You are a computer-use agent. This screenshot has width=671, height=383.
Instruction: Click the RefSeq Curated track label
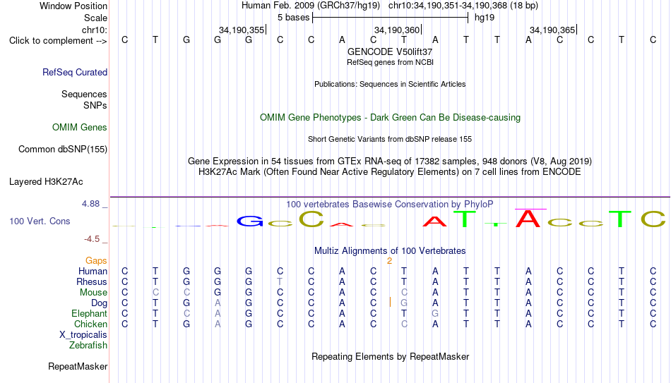pyautogui.click(x=75, y=72)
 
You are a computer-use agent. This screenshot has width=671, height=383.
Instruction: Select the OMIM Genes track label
pyautogui.click(x=80, y=128)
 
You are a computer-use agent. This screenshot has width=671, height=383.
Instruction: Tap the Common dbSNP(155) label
pyautogui.click(x=63, y=150)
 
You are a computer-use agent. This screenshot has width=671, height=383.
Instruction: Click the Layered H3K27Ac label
pyautogui.click(x=46, y=182)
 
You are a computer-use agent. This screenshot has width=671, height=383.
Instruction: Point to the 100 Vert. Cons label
pyautogui.click(x=40, y=221)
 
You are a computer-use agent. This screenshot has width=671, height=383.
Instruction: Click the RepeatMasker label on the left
pyautogui.click(x=78, y=366)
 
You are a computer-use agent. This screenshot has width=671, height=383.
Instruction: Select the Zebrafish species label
pyautogui.click(x=88, y=345)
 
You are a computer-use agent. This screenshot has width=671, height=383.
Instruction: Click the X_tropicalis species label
pyautogui.click(x=83, y=335)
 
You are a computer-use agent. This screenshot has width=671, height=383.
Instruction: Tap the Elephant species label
pyautogui.click(x=90, y=313)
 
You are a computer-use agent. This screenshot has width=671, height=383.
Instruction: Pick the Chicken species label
pyautogui.click(x=90, y=324)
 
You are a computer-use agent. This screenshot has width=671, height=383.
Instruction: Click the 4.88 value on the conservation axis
pyautogui.click(x=91, y=204)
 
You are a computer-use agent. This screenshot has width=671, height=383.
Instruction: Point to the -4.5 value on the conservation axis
pyautogui.click(x=92, y=239)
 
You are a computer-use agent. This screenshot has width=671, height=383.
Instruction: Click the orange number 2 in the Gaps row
pyautogui.click(x=389, y=261)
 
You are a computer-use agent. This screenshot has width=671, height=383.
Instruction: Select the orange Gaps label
pyautogui.click(x=96, y=261)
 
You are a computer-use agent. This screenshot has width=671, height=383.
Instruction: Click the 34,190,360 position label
pyautogui.click(x=397, y=30)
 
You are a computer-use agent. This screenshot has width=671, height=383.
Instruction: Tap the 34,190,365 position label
pyautogui.click(x=552, y=30)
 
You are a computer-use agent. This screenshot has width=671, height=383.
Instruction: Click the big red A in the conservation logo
pyautogui.click(x=528, y=219)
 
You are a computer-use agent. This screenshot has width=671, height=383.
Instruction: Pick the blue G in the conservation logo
pyautogui.click(x=250, y=221)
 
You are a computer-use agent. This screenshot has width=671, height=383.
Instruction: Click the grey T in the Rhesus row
pyautogui.click(x=280, y=281)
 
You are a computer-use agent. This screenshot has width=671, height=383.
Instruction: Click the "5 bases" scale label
pyautogui.click(x=294, y=18)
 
